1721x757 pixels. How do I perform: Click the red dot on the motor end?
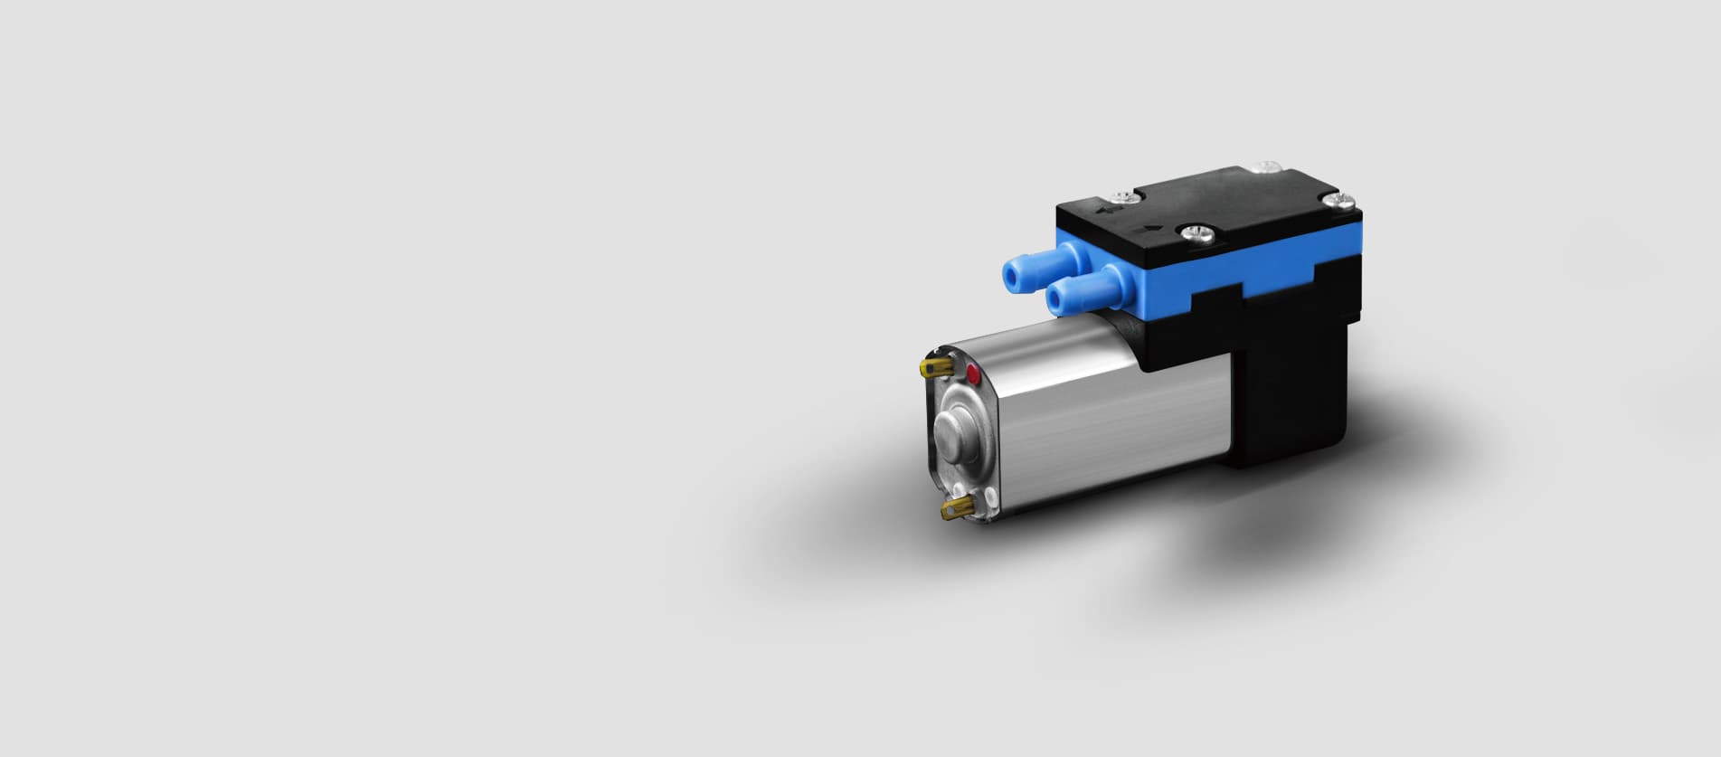tap(973, 373)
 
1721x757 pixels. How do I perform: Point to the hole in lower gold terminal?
tap(950, 514)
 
